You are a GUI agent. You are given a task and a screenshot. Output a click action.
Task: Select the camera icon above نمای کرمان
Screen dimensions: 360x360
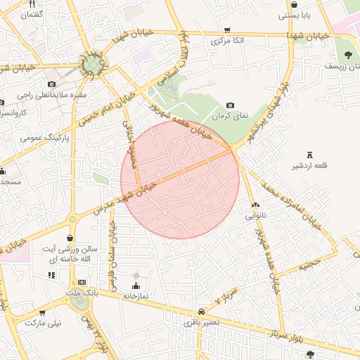[x=230, y=105]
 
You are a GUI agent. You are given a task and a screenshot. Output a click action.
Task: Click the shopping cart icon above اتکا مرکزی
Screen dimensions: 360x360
[x=226, y=30]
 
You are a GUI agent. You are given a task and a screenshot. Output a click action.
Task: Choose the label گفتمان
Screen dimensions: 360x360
[x=32, y=14]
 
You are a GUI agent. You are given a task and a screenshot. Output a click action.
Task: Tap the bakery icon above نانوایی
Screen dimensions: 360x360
[x=255, y=205]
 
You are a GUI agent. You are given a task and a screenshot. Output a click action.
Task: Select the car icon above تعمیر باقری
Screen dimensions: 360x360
[x=202, y=310]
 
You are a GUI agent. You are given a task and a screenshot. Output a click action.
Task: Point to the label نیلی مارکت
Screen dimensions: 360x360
[x=44, y=323]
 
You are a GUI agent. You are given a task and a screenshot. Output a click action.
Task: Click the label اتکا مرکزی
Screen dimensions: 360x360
[x=227, y=41]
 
